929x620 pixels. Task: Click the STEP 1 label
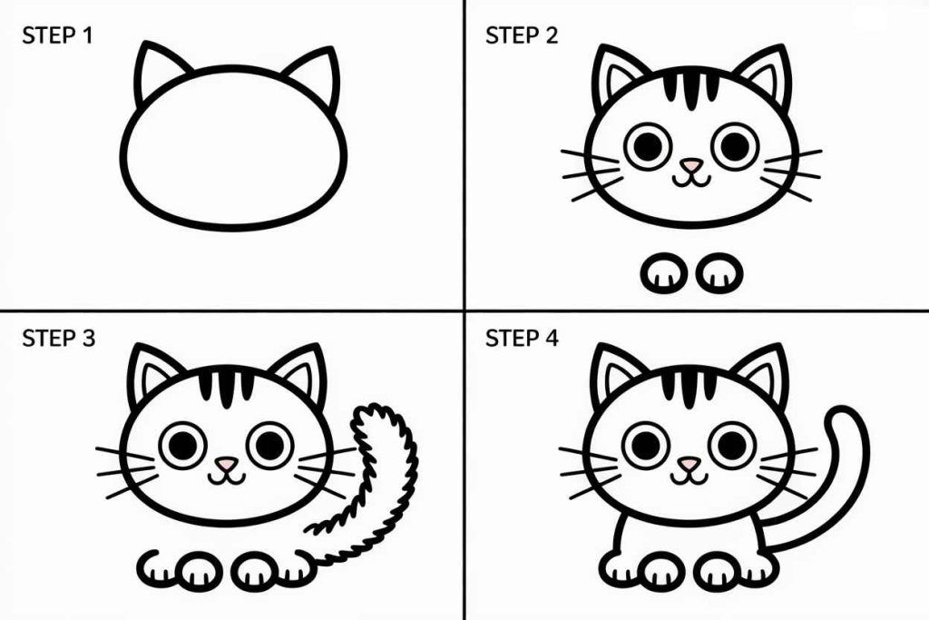click(56, 36)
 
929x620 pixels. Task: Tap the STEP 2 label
click(522, 36)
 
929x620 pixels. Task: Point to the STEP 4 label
click(523, 340)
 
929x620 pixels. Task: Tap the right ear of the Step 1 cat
click(314, 76)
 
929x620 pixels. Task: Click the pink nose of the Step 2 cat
click(691, 165)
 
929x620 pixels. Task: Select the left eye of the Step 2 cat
click(648, 145)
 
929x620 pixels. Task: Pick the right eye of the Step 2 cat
click(734, 145)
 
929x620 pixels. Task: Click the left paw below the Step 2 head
click(664, 272)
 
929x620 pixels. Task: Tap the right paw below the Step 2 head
click(720, 272)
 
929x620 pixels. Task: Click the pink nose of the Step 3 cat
click(226, 464)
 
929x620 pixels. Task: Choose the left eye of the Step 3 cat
click(182, 444)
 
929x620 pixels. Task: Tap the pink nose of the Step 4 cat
click(690, 464)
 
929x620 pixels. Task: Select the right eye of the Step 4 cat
click(732, 444)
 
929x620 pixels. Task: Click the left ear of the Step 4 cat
click(616, 372)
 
